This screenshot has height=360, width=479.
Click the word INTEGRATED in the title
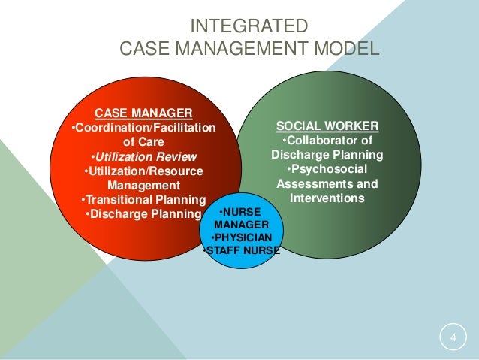[249, 27]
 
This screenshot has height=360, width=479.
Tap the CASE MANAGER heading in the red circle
[143, 113]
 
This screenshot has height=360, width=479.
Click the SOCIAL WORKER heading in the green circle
[327, 126]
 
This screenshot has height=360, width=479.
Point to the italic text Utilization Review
[143, 156]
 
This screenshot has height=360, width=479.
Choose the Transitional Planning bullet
[143, 199]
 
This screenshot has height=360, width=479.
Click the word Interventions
[327, 198]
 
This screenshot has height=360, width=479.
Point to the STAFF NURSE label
[242, 251]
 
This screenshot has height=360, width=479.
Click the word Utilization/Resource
[143, 171]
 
